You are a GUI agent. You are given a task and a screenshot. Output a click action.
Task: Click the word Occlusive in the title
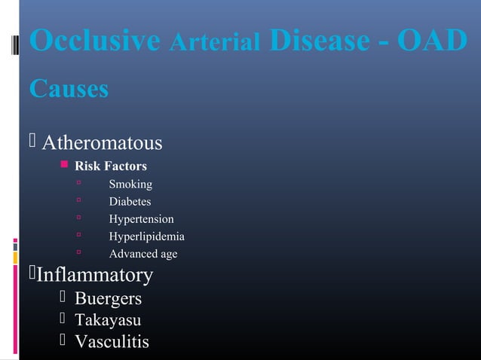tap(95, 42)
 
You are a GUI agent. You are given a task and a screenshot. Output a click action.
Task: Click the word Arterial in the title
tap(215, 44)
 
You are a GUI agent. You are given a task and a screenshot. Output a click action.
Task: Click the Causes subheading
tap(69, 89)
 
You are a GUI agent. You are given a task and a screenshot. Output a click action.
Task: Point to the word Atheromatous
tap(102, 142)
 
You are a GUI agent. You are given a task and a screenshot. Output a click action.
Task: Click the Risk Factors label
tap(110, 166)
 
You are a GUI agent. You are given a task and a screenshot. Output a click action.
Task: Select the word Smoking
tap(130, 185)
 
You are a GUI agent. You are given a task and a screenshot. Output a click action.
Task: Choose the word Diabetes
tap(130, 202)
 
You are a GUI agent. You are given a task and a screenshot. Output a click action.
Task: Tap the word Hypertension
tap(141, 219)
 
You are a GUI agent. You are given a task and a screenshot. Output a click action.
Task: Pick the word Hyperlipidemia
tap(146, 236)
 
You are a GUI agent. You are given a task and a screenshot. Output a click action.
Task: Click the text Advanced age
tap(143, 254)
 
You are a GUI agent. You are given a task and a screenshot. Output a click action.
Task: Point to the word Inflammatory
tap(95, 275)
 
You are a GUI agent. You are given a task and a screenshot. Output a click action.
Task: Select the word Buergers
tap(108, 299)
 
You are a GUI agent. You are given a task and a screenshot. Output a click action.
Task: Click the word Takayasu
tap(108, 321)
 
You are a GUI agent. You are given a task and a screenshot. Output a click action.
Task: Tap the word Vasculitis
tap(112, 342)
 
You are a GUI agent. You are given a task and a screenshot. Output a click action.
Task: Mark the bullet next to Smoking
tap(78, 184)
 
